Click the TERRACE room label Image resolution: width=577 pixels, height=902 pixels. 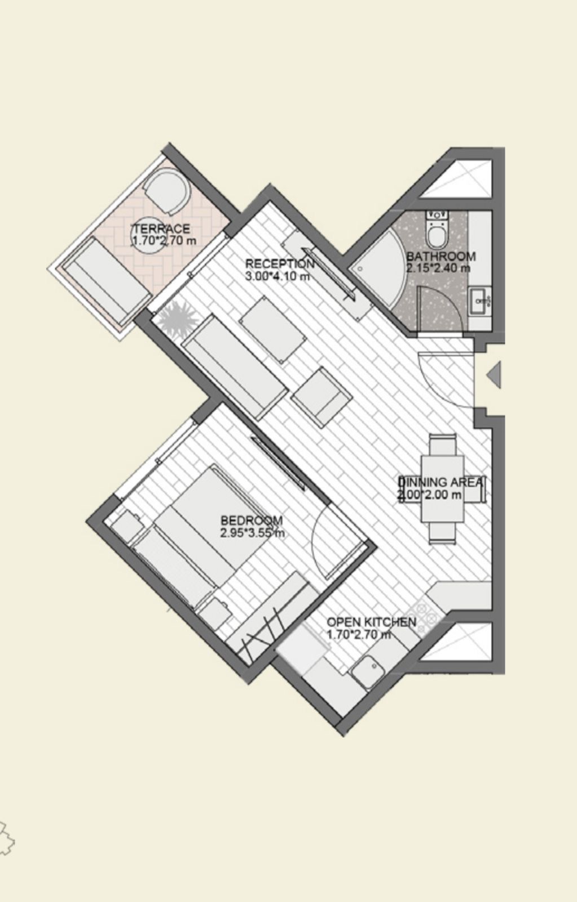(x=161, y=229)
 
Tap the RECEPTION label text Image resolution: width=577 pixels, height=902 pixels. (x=280, y=264)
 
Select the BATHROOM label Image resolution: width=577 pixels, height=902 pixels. (x=441, y=256)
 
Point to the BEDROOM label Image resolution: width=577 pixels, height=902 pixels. (x=252, y=520)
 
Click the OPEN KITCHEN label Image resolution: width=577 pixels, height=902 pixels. (x=371, y=622)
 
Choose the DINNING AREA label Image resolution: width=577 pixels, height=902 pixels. (x=441, y=482)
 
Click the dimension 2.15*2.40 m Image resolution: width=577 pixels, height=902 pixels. (x=438, y=268)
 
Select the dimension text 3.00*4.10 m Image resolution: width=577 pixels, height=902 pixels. (x=277, y=277)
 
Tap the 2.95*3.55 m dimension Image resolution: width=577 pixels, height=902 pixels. (x=253, y=533)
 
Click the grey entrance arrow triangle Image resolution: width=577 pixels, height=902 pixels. (x=494, y=374)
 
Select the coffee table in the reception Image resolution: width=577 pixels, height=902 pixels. (x=272, y=330)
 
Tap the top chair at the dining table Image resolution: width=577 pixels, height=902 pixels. (x=442, y=445)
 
